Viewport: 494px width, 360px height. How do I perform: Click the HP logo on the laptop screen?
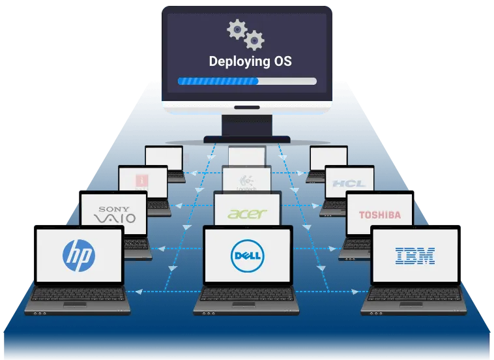(x=78, y=254)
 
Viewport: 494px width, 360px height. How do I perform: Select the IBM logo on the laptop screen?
(x=415, y=255)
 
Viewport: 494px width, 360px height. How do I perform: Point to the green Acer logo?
(x=247, y=214)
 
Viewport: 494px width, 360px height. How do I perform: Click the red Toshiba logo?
(x=379, y=215)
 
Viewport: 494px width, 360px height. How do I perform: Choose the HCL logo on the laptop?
(x=349, y=183)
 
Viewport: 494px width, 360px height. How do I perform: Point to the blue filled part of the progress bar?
(x=218, y=82)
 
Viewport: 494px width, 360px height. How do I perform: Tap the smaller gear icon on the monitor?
(x=255, y=41)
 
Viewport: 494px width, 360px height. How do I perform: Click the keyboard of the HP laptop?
(x=78, y=297)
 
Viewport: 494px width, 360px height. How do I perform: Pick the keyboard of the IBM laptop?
(x=415, y=297)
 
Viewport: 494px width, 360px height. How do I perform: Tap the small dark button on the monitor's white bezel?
(x=246, y=107)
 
